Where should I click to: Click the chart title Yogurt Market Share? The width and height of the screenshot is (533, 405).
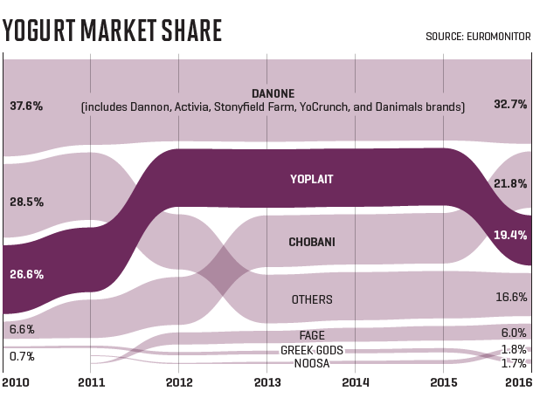click(x=112, y=30)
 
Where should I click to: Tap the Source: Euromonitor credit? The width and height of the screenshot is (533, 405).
click(x=478, y=37)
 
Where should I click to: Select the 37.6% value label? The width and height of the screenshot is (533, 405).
click(x=26, y=106)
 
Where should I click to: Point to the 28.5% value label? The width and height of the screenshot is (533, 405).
click(x=26, y=202)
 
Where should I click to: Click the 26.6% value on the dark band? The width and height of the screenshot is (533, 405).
click(x=26, y=274)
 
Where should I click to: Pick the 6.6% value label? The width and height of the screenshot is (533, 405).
click(x=21, y=329)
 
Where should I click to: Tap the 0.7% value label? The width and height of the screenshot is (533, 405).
click(x=21, y=356)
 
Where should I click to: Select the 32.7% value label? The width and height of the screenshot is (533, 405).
click(x=510, y=104)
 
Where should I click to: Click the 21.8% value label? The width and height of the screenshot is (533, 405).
click(x=510, y=183)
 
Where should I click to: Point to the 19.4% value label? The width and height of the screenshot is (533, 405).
click(x=510, y=236)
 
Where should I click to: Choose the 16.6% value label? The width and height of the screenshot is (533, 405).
click(x=510, y=297)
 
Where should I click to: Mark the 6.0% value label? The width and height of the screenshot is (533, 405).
click(x=513, y=333)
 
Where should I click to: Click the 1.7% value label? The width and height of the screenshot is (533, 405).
click(x=513, y=363)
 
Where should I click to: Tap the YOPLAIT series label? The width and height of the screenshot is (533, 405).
click(x=312, y=181)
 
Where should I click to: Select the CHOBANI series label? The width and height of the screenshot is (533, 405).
click(x=312, y=241)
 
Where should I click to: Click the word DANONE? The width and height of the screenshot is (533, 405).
click(x=273, y=93)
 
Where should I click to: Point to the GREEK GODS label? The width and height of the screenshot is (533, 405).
click(x=312, y=350)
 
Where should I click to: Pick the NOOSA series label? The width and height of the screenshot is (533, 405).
click(x=312, y=363)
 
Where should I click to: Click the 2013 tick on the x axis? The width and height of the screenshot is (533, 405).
click(x=267, y=382)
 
